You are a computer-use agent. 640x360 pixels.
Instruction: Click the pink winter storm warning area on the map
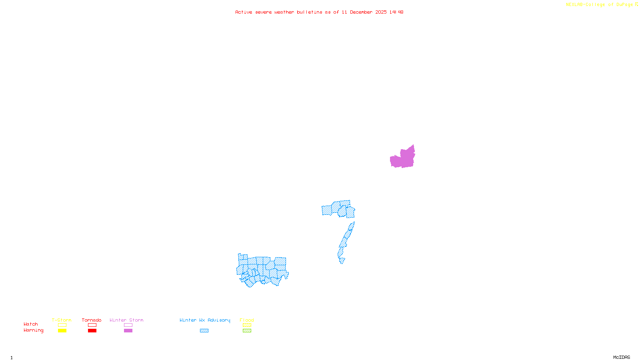coord(403,158)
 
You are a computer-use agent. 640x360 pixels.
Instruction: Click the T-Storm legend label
coord(62,320)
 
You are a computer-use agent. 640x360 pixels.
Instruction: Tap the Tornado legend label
coord(92,320)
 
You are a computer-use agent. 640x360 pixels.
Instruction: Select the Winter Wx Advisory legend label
coord(205,320)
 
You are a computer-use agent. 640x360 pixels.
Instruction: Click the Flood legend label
coord(247,320)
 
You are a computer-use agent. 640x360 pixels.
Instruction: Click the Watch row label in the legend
coord(31,324)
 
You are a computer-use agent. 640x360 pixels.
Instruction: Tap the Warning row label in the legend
coord(34,330)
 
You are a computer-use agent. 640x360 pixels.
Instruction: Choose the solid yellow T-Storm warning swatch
coord(62,331)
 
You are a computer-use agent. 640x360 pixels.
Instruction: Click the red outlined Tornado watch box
coord(92,325)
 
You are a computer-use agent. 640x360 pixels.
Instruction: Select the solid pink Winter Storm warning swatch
coord(128,331)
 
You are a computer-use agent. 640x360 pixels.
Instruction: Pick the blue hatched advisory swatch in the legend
coord(204,331)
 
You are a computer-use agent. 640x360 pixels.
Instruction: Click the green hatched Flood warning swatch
coord(247,331)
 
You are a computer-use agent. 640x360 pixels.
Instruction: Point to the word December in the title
coord(361,12)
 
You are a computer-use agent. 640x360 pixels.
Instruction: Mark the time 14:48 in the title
coord(396,12)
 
